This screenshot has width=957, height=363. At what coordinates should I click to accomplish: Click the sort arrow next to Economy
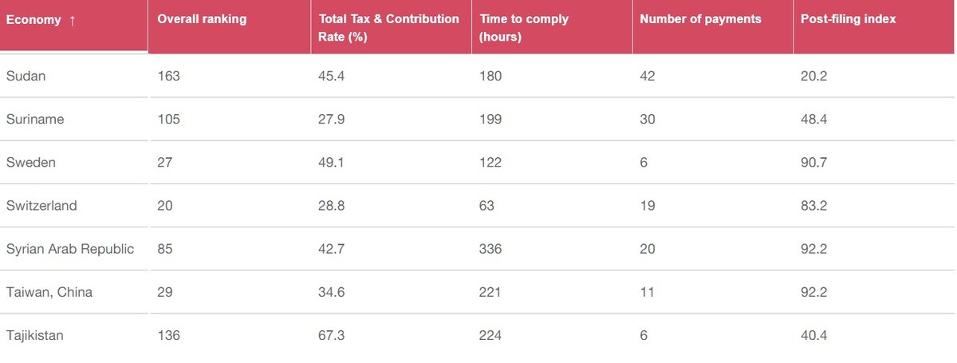click(73, 20)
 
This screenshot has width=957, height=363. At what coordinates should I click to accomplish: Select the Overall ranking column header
click(202, 19)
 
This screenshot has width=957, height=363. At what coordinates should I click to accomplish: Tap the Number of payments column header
click(700, 19)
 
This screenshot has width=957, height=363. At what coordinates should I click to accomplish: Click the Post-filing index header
click(849, 19)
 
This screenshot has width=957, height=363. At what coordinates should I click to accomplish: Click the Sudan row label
click(26, 76)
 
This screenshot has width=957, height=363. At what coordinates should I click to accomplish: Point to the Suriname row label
click(35, 119)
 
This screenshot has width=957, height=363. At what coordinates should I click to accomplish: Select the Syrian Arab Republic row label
click(70, 249)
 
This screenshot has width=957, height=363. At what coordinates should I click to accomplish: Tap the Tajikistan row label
click(35, 335)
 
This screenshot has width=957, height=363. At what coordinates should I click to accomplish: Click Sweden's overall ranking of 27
click(165, 162)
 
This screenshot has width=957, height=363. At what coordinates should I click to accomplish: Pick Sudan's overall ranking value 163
click(169, 76)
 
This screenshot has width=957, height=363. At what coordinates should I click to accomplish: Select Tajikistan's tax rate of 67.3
click(332, 335)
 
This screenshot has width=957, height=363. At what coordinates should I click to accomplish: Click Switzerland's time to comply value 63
click(486, 206)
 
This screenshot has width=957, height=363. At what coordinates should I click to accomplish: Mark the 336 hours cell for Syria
click(490, 249)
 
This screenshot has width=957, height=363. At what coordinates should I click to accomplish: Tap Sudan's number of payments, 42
click(648, 76)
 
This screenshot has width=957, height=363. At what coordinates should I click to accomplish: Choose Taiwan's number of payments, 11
click(647, 292)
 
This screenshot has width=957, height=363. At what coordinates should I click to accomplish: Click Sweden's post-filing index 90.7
click(813, 162)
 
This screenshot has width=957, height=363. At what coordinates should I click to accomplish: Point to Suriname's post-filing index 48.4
click(813, 119)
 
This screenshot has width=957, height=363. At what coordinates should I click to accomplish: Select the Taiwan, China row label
click(49, 292)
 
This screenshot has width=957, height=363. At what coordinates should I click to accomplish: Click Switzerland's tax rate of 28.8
click(332, 206)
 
